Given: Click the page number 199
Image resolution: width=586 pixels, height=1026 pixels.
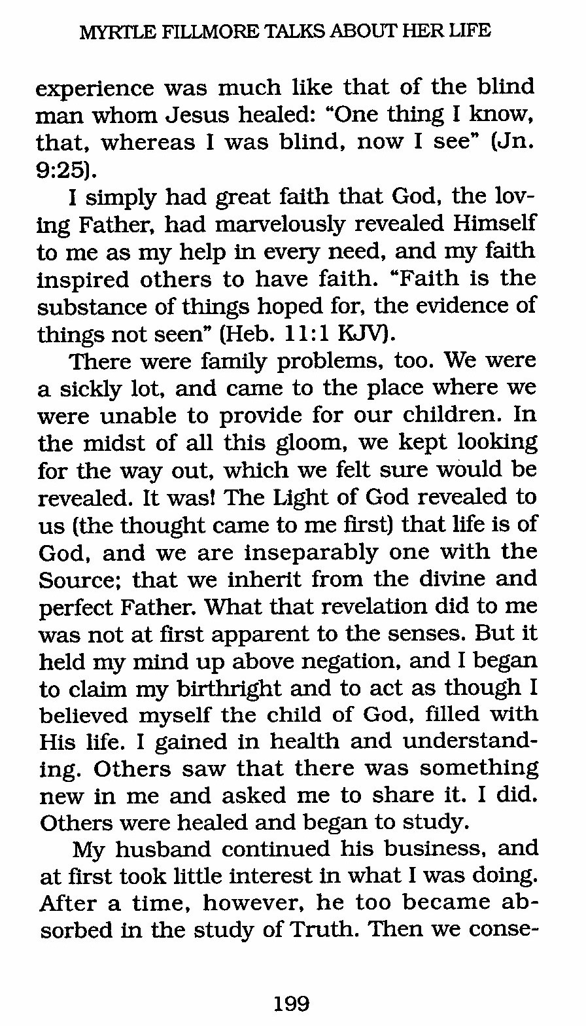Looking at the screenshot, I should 292,1002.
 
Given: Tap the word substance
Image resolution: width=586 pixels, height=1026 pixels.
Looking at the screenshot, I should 85,306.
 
